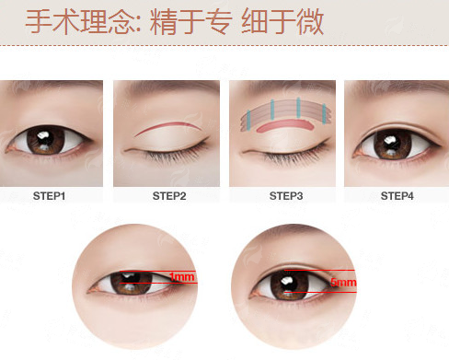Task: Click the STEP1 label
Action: [49, 196]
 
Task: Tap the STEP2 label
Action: [169, 196]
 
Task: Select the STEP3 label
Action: [286, 196]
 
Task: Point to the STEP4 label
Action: [397, 196]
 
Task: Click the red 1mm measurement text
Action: [182, 277]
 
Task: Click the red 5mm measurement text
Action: [343, 282]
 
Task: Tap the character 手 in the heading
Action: [38, 21]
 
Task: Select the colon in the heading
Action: [138, 25]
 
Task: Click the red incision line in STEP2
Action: [167, 125]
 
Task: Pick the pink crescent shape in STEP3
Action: [283, 124]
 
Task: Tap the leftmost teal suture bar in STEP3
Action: [248, 120]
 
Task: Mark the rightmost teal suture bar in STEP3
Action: [324, 114]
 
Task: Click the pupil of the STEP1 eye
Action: [45, 139]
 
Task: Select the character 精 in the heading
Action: [163, 21]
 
